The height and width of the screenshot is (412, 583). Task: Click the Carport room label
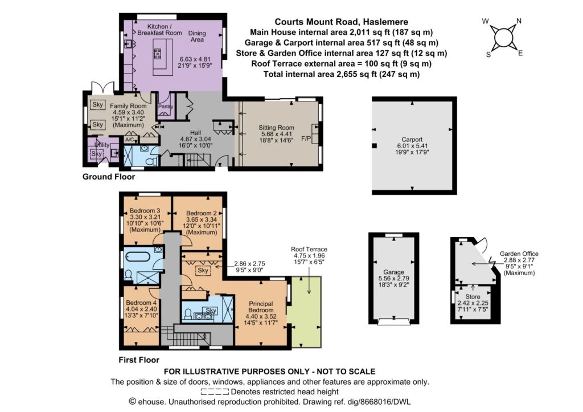point(412,139)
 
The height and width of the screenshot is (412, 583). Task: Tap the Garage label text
point(393,272)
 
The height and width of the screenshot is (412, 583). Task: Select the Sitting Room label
point(276,128)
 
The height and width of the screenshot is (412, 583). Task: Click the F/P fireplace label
point(306,139)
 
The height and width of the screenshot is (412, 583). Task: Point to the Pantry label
point(166,107)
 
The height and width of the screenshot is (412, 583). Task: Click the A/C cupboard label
point(129,140)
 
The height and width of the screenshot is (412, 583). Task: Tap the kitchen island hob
point(157,54)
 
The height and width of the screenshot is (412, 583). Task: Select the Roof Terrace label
point(309,250)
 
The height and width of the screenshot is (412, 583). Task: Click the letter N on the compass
point(519,21)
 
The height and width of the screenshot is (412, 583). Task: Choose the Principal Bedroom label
point(261,307)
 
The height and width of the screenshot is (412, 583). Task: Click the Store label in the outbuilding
point(473,297)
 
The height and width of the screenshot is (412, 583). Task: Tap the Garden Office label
point(519,254)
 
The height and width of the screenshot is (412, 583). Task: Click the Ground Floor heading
point(109,177)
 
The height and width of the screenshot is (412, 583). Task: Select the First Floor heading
point(139,360)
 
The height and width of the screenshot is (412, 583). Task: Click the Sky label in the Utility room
point(96,153)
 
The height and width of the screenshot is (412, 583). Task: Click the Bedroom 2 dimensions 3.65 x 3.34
point(201,219)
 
